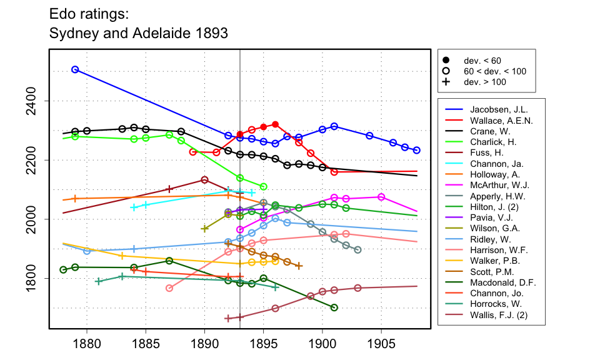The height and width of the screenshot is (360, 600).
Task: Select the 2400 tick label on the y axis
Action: (35, 101)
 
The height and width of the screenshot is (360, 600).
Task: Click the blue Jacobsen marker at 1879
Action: (75, 69)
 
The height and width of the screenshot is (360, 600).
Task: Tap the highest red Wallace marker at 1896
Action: (275, 124)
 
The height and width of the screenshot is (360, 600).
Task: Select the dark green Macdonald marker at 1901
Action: (334, 307)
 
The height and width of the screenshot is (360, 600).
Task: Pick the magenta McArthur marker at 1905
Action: (381, 197)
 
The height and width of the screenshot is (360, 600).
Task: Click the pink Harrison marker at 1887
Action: (169, 288)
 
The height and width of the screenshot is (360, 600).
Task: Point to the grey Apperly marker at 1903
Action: (357, 250)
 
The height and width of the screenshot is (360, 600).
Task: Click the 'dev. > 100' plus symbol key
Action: (446, 82)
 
